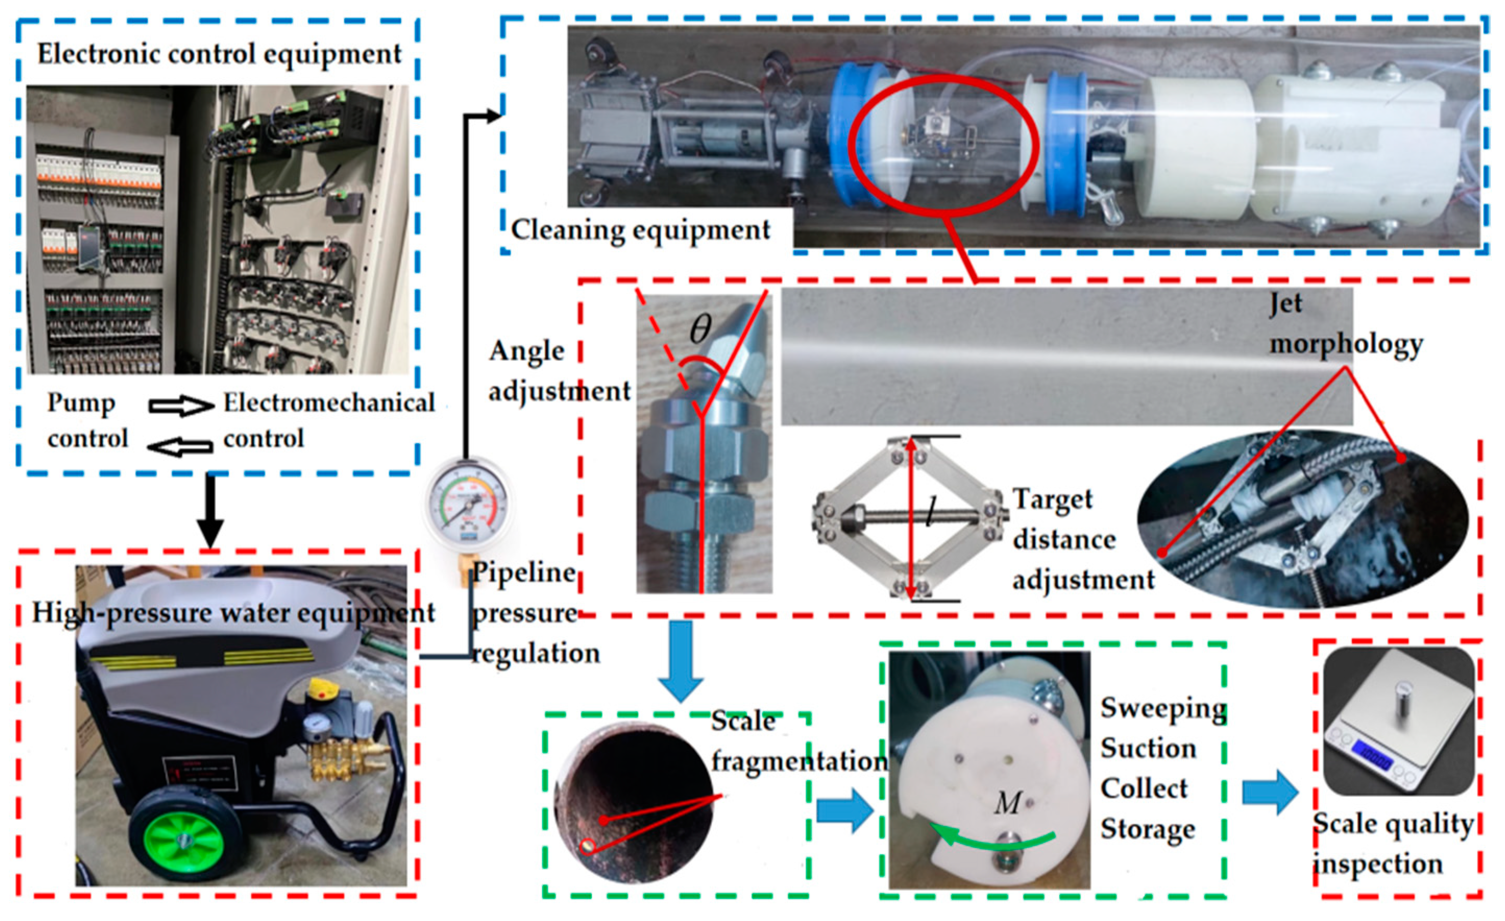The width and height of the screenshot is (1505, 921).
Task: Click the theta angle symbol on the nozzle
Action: [700, 330]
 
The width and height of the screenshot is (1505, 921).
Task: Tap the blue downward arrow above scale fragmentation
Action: [680, 661]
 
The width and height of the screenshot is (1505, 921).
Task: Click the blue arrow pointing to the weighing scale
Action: [1270, 792]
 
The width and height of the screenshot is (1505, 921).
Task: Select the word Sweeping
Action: [1163, 708]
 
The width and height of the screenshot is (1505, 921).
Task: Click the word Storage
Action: [1147, 829]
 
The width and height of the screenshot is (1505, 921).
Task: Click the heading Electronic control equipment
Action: [219, 54]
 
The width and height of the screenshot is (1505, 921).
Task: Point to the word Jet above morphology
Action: [1285, 303]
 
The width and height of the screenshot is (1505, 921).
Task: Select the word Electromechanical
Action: [328, 403]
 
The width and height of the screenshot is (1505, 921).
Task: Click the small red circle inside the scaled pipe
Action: [588, 846]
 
